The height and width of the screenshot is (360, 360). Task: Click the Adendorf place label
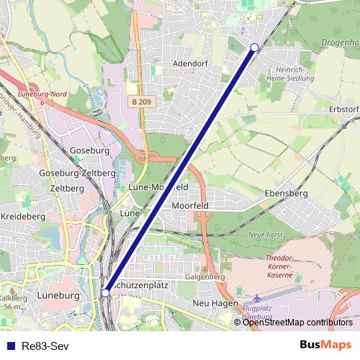pos(191,63)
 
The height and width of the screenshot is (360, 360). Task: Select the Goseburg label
pos(89,151)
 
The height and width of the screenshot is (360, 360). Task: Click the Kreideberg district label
pos(22,216)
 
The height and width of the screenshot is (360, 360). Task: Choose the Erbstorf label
pos(343,109)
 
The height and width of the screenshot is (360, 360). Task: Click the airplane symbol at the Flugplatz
pos(258,298)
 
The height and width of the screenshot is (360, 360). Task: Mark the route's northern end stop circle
pos(253,48)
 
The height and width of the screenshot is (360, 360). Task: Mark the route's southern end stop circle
pos(106,292)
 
